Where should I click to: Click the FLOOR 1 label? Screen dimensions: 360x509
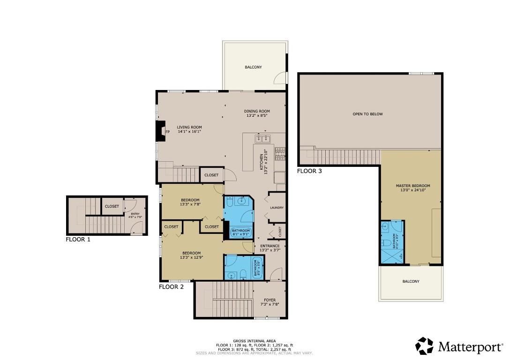(78, 239)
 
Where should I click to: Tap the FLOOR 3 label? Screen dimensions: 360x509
(309, 171)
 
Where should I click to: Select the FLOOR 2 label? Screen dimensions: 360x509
(171, 287)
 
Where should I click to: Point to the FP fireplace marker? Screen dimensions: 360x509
(167, 132)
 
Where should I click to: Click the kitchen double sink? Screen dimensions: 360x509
(262, 138)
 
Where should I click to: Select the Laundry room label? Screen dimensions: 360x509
(277, 208)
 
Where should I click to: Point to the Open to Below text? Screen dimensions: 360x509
(367, 114)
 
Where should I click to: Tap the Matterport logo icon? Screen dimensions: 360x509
(425, 346)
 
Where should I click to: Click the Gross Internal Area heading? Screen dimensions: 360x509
(254, 341)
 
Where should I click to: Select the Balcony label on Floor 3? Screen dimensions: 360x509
(411, 281)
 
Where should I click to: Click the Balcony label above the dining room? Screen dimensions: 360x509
(253, 67)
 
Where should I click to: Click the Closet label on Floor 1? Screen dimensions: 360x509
(112, 206)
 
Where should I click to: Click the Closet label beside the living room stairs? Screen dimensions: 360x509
(211, 175)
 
